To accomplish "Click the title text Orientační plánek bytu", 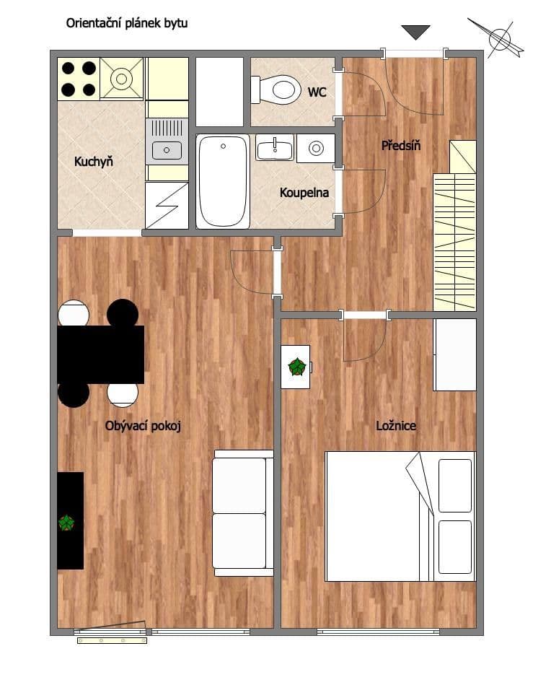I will click(x=127, y=23).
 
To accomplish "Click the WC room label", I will click(x=317, y=92).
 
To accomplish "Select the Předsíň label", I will click(x=401, y=146).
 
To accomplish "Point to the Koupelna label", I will click(x=304, y=193).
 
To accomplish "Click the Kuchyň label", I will click(x=94, y=162).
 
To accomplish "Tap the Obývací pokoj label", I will click(x=143, y=426).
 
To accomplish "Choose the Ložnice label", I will click(x=396, y=426).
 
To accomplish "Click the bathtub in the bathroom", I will click(x=223, y=181).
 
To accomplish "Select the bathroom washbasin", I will click(x=275, y=148).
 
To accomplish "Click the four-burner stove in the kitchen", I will click(x=78, y=79).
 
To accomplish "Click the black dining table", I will click(x=101, y=354).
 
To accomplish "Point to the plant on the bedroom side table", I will click(x=296, y=367).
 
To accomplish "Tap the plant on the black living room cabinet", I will click(x=67, y=523).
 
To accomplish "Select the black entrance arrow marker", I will click(x=415, y=32).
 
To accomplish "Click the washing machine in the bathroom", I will click(x=315, y=148).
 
